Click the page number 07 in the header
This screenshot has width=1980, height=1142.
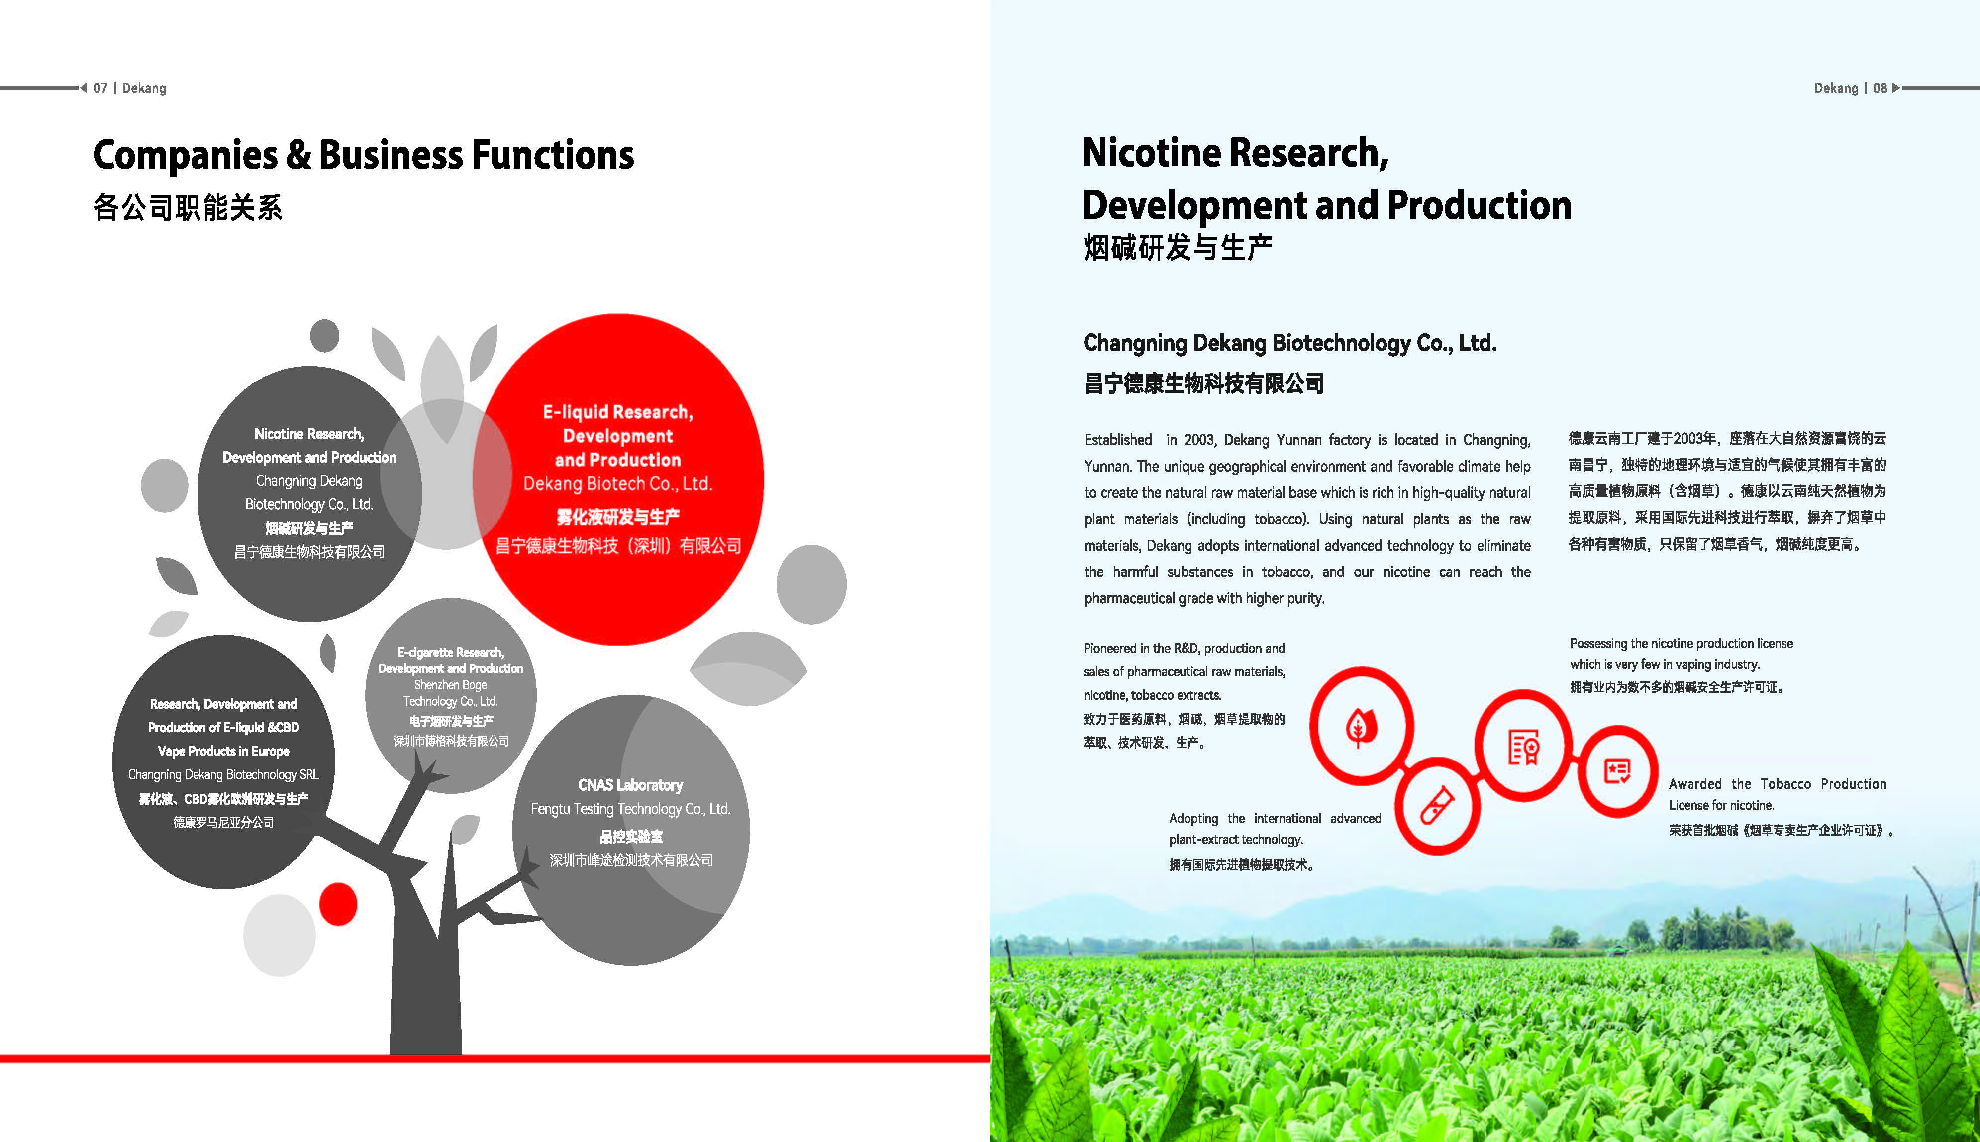[x=100, y=88]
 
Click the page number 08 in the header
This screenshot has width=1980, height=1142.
[x=1880, y=88]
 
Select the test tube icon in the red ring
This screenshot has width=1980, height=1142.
[x=1437, y=806]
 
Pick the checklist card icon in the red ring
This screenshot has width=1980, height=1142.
[x=1617, y=771]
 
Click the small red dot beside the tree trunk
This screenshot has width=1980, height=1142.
[x=338, y=904]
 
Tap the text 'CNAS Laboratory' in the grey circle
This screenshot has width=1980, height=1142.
[x=631, y=785]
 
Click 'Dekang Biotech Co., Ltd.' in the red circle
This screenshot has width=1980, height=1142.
[x=618, y=484]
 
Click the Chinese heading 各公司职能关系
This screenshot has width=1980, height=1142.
[x=188, y=208]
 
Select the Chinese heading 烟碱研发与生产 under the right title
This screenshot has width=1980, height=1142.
[x=1178, y=248]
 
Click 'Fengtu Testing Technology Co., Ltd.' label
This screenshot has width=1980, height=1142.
[x=631, y=809]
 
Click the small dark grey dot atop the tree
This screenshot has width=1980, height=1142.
[x=325, y=336]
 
